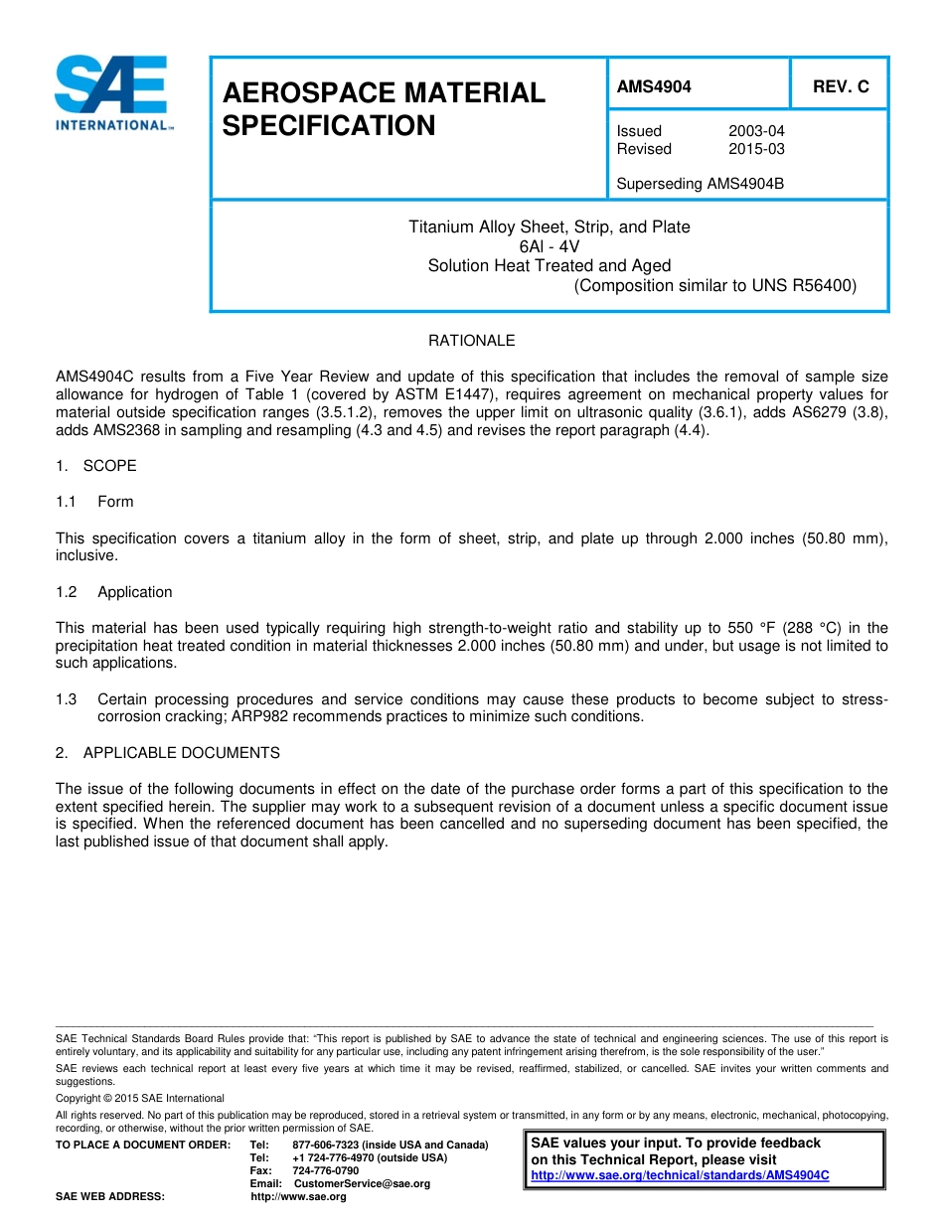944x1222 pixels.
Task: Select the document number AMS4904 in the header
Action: pyautogui.click(x=653, y=86)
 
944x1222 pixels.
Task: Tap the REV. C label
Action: pyautogui.click(x=840, y=86)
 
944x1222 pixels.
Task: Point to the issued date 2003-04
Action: pyautogui.click(x=755, y=131)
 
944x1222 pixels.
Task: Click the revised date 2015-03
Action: pyautogui.click(x=755, y=149)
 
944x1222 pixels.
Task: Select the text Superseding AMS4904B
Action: pyautogui.click(x=700, y=184)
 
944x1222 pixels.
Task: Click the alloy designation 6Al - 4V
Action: pyautogui.click(x=549, y=246)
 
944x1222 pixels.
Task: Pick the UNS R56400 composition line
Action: pyautogui.click(x=714, y=286)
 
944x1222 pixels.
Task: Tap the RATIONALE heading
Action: pyautogui.click(x=471, y=341)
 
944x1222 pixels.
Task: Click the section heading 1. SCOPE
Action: pyautogui.click(x=96, y=466)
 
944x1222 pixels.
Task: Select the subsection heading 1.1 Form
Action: pyautogui.click(x=95, y=502)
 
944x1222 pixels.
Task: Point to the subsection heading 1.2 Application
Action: pyautogui.click(x=114, y=592)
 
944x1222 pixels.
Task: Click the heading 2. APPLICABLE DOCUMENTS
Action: pyautogui.click(x=168, y=753)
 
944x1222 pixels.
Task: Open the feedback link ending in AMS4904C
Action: pyautogui.click(x=680, y=1175)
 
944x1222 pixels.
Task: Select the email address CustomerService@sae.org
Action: pyautogui.click(x=362, y=1183)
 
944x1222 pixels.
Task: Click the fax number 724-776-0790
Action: pyautogui.click(x=325, y=1170)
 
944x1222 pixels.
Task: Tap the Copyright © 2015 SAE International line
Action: pyautogui.click(x=140, y=1098)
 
